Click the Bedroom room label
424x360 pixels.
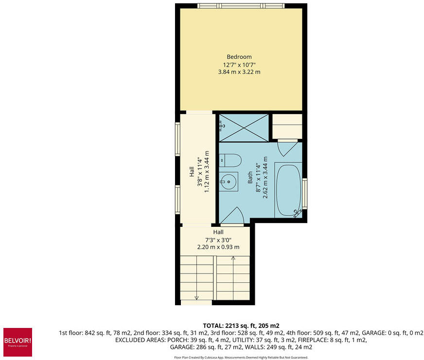239,57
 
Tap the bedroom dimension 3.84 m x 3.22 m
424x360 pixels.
239,72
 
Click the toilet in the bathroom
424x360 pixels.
230,160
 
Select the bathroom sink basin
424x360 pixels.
229,182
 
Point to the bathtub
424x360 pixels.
288,190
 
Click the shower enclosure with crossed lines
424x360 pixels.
244,128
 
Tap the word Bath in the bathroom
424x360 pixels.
250,177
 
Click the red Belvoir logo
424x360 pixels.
18,342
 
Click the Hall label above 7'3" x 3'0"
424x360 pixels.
218,232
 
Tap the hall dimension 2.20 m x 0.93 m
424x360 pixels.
218,247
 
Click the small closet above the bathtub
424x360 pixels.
287,126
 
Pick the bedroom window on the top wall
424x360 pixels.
241,6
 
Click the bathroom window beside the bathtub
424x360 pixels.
305,193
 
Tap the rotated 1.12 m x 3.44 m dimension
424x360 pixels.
207,171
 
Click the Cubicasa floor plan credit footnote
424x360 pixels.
241,357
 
